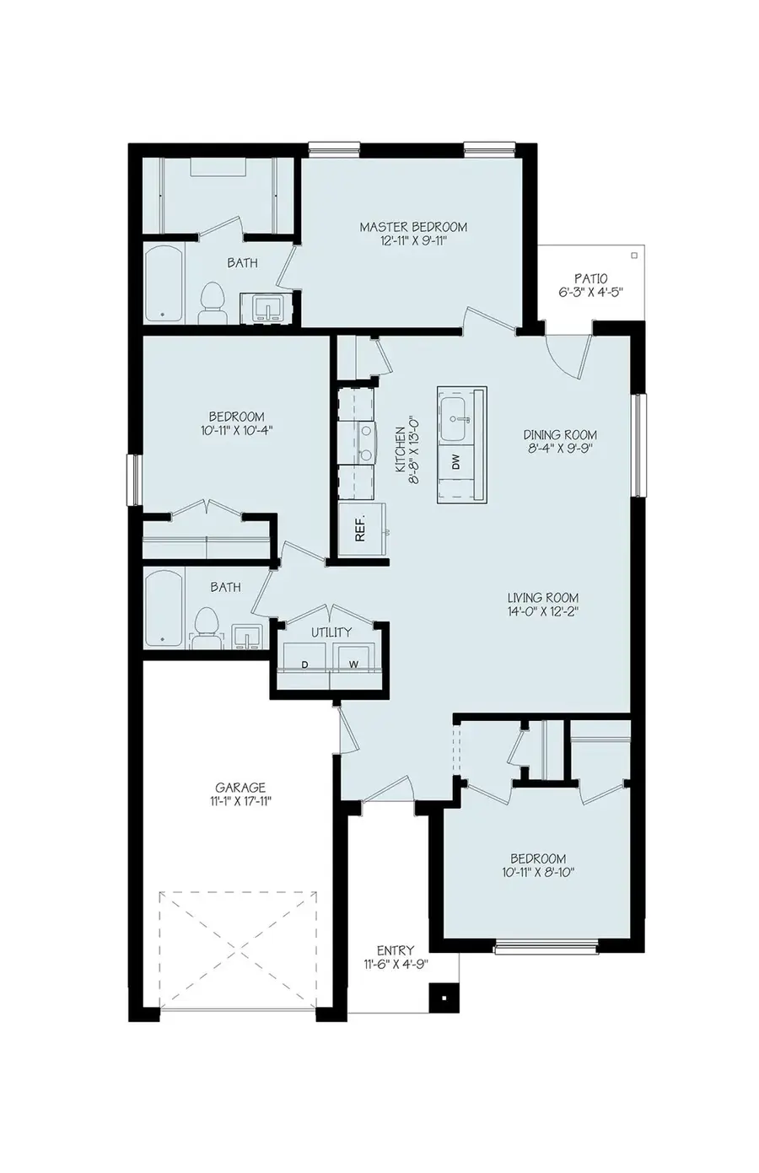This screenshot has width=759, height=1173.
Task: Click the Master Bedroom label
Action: pyautogui.click(x=413, y=227)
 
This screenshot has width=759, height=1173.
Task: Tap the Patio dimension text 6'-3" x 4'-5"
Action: pyautogui.click(x=591, y=293)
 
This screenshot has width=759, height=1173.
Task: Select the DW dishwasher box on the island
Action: pyautogui.click(x=456, y=461)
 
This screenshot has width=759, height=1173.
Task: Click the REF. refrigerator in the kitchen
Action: pyautogui.click(x=361, y=528)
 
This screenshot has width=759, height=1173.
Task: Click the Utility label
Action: pyautogui.click(x=331, y=632)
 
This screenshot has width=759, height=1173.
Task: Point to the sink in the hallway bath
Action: pyautogui.click(x=246, y=636)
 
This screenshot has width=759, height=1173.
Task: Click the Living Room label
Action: pyautogui.click(x=542, y=598)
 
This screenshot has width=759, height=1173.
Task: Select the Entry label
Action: pyautogui.click(x=395, y=950)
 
